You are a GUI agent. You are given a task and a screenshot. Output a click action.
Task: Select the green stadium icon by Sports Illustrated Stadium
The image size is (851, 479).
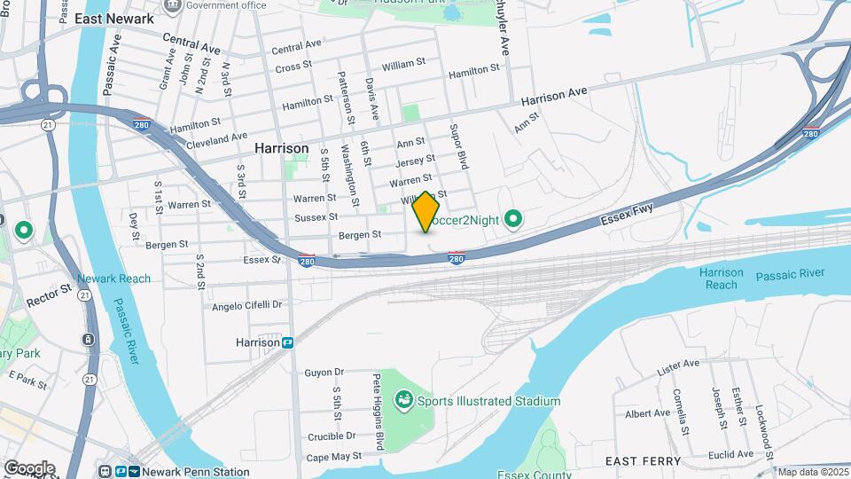click(x=404, y=401)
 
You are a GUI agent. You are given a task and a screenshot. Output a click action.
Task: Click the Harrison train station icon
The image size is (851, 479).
click(x=288, y=342)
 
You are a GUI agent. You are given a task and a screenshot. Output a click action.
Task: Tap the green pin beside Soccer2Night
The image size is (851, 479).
click(x=512, y=218)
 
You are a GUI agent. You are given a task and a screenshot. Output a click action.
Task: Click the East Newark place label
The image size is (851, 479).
click(x=114, y=19)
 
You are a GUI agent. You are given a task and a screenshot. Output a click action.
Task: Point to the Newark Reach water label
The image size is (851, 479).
click(x=113, y=279)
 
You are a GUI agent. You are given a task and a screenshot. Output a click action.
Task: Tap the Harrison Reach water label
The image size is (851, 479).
click(x=722, y=279)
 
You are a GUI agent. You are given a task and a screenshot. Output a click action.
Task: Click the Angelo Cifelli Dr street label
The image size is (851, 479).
click(x=246, y=305)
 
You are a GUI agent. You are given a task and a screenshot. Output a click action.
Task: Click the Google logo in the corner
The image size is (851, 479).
click(x=29, y=468)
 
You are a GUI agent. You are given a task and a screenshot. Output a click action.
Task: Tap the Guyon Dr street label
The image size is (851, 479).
click(x=324, y=373)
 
